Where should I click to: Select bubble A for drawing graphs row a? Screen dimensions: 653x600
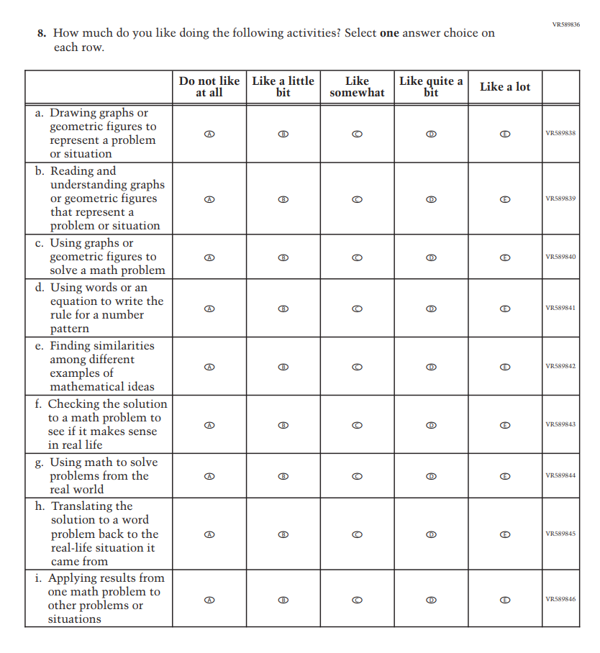tap(209, 134)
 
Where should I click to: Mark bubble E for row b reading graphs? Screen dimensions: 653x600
tap(505, 198)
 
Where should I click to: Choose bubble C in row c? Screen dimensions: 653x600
tap(357, 257)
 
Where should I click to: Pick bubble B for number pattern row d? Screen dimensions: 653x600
tap(283, 309)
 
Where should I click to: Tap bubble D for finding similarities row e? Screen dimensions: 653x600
tap(431, 367)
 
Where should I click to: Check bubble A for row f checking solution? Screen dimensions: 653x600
tap(209, 425)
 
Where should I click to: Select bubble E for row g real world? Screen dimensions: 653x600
tap(505, 476)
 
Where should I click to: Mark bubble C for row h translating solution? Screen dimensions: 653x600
tap(357, 534)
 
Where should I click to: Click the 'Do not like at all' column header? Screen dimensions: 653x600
tap(209, 87)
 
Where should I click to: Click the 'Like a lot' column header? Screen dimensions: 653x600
tap(505, 87)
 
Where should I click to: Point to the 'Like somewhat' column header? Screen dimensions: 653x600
tap(357, 87)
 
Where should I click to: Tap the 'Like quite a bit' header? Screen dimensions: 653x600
tap(431, 87)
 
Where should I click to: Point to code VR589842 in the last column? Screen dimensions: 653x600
tap(560, 367)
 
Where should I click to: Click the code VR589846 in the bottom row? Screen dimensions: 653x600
tap(560, 599)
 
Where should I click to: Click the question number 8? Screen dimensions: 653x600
tap(42, 33)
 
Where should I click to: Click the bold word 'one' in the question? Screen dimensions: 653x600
tap(390, 33)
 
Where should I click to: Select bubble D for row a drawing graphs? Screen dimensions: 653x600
tap(431, 134)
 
